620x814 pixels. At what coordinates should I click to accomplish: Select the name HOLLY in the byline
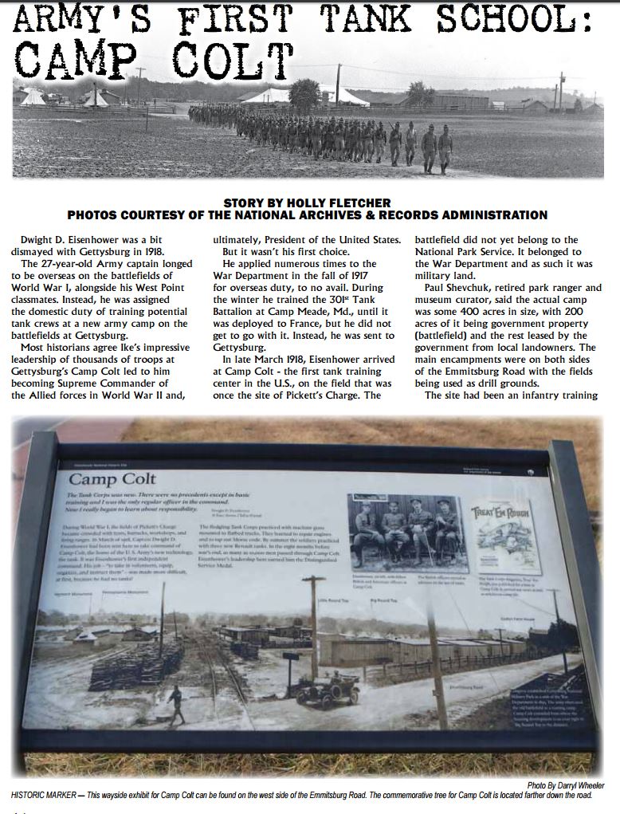312,203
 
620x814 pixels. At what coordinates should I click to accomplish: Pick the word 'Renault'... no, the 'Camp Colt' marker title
112,479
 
